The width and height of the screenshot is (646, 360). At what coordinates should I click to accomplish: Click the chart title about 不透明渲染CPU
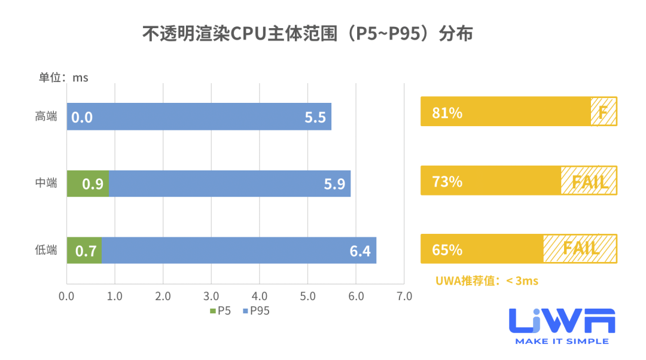[307, 34]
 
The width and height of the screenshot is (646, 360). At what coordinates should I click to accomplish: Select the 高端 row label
[46, 117]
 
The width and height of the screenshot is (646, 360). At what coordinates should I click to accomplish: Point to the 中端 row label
[46, 184]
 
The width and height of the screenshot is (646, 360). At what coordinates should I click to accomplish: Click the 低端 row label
[46, 250]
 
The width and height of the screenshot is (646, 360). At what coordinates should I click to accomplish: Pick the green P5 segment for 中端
[87, 184]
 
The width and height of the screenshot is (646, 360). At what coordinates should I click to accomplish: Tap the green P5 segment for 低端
[84, 250]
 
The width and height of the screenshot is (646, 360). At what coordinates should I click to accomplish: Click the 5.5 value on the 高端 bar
[315, 117]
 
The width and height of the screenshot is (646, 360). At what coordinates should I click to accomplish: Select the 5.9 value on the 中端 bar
[334, 184]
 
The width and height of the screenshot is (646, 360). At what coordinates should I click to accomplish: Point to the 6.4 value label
[360, 251]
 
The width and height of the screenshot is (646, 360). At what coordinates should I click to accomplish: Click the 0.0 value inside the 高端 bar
[82, 117]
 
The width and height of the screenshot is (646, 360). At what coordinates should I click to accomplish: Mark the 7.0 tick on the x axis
[404, 296]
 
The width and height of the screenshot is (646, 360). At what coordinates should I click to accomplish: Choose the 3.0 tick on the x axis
[211, 296]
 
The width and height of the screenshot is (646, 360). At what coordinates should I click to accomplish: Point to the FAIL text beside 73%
[590, 181]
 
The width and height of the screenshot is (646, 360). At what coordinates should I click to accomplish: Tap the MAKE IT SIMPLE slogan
[562, 341]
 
